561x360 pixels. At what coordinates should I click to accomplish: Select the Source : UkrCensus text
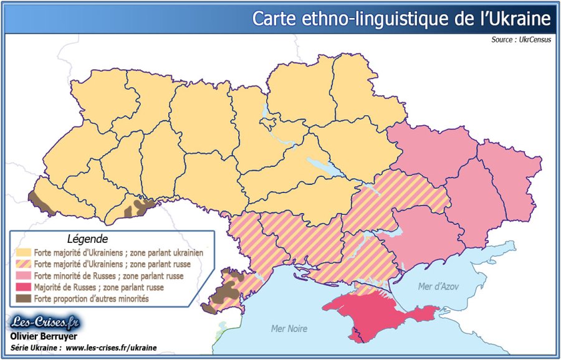[522, 40]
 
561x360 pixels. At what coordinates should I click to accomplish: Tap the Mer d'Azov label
[438, 287]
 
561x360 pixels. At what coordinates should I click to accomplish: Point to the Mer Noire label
[289, 328]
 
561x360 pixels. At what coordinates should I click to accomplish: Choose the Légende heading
[87, 239]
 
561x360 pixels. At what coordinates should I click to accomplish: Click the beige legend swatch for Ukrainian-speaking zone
[24, 253]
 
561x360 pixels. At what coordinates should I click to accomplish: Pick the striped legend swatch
[24, 265]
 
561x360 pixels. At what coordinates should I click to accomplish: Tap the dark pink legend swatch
[24, 287]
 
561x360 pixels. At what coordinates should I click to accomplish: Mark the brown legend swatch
[24, 298]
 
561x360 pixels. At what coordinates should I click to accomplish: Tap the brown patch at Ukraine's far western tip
[40, 201]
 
